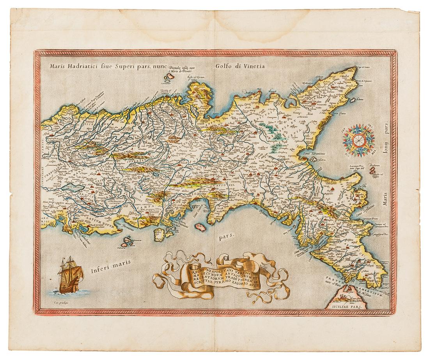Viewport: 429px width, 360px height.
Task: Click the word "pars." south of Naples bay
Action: pos(230,235)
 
